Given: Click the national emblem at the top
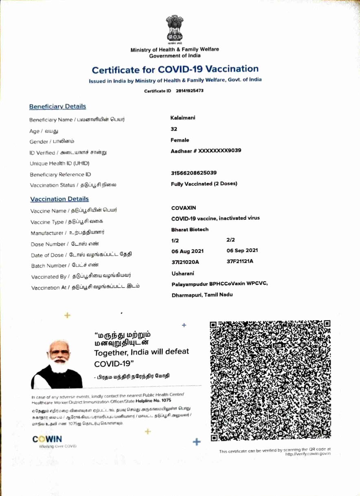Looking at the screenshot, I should point(175,30).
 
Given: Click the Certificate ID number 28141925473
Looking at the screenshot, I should point(189,90).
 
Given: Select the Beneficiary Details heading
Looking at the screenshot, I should point(57,106).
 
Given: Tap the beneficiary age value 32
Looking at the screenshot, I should point(174,129).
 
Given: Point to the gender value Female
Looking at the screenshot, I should point(180,140).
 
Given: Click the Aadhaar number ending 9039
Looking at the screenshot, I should point(206,150).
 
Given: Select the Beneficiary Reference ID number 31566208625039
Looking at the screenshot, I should point(194,173).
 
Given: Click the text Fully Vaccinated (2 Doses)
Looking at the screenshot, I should point(204,183).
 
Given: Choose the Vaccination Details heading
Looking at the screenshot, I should point(59,199).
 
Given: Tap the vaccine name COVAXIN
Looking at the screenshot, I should point(184,208).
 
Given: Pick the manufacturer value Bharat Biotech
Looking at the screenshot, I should point(190,229).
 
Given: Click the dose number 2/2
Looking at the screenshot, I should point(230,240).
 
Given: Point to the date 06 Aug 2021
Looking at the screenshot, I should point(188,251).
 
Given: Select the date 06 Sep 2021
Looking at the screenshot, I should point(242,251).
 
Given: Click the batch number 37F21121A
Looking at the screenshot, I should point(240,261).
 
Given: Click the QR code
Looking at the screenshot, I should point(270,381).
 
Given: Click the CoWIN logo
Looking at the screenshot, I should point(47,439).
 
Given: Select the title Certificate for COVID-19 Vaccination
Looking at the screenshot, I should point(175,69).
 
